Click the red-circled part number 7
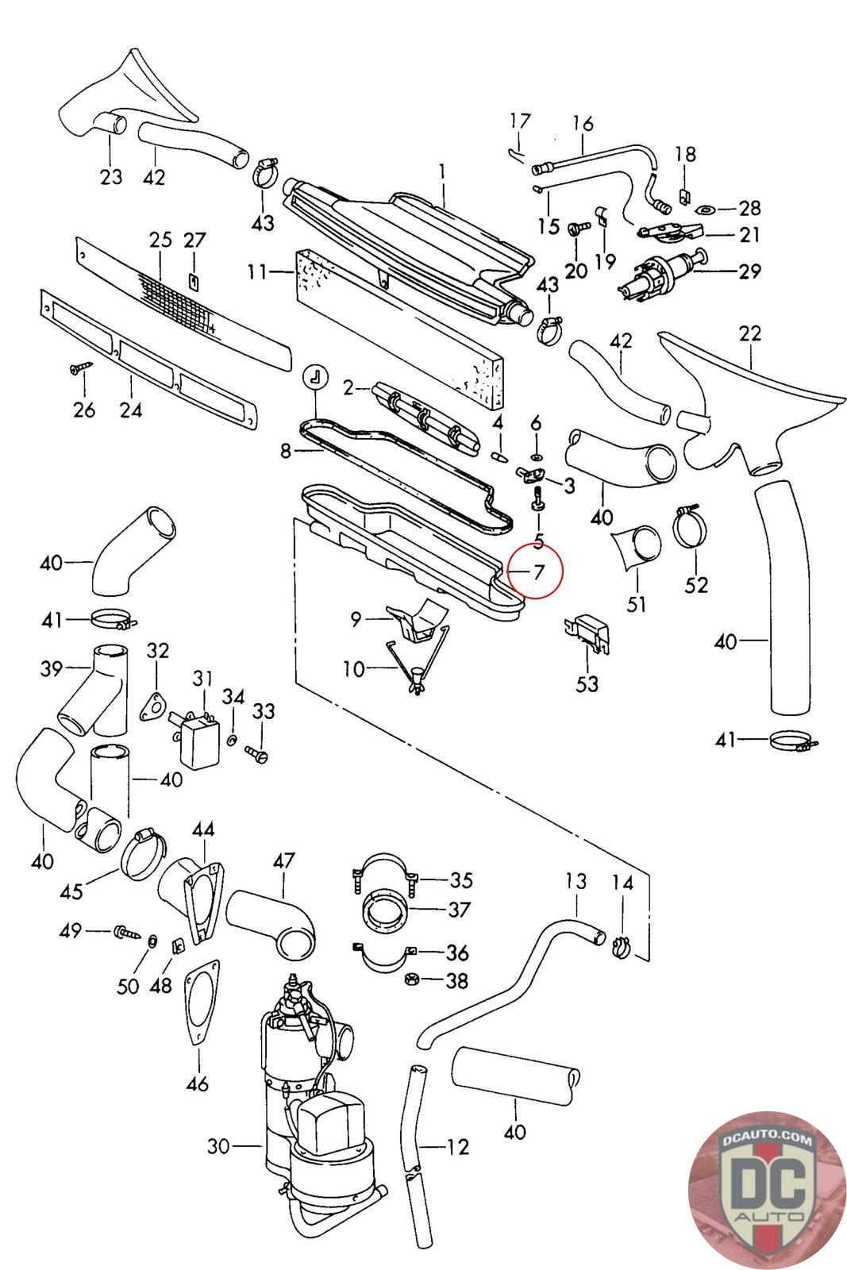tap(538, 571)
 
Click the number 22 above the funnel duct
tap(749, 333)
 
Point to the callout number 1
tap(442, 171)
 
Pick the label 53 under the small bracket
tap(587, 683)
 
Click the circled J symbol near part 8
tap(314, 377)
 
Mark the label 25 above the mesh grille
tap(161, 239)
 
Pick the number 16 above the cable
tap(583, 124)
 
